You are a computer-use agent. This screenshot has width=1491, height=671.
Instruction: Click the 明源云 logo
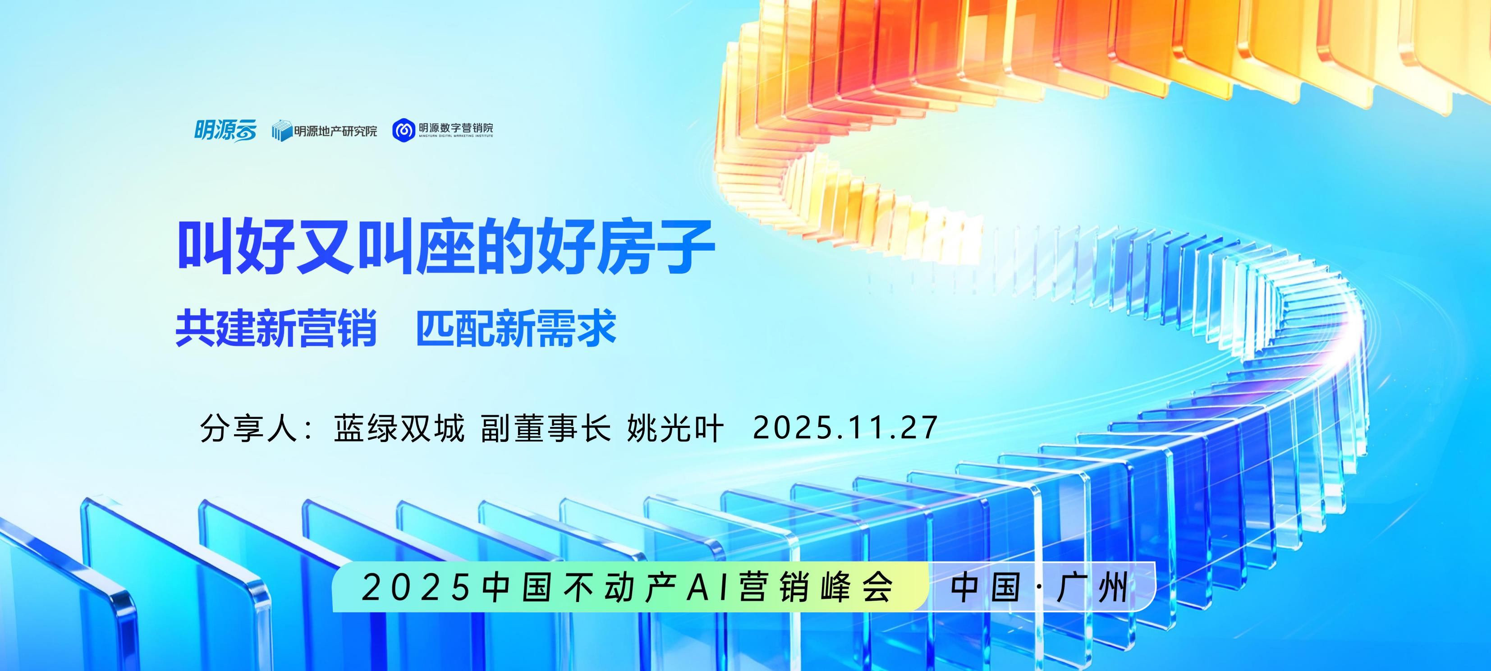(225, 130)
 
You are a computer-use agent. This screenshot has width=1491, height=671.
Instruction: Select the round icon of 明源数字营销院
(404, 130)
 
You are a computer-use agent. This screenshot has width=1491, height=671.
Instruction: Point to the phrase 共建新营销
(276, 328)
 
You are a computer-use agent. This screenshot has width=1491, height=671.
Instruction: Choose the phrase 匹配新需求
(516, 328)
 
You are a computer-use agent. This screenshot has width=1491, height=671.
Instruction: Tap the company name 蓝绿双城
(399, 429)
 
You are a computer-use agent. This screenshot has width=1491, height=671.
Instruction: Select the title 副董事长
(546, 429)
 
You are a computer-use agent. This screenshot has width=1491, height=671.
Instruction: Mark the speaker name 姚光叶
(675, 429)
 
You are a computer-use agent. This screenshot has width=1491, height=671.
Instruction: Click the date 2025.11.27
(845, 429)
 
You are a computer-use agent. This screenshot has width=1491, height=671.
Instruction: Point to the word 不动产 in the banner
(620, 588)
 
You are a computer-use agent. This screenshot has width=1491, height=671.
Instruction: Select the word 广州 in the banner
(1093, 588)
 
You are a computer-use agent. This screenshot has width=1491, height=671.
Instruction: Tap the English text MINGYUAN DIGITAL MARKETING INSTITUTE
(456, 137)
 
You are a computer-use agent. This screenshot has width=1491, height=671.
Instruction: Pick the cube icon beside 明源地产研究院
(281, 131)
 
